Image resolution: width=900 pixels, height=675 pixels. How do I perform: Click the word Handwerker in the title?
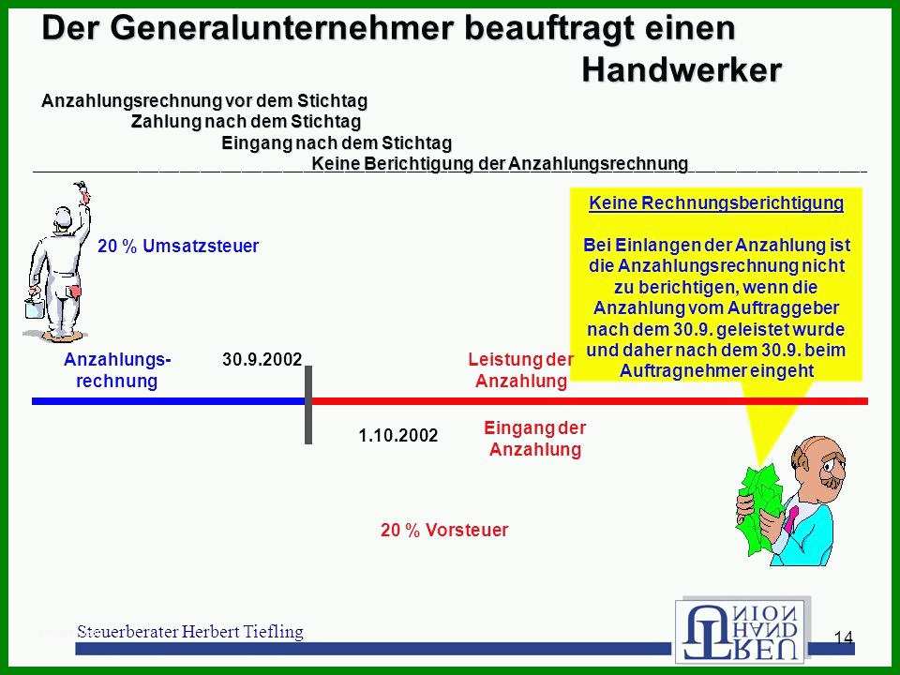682,70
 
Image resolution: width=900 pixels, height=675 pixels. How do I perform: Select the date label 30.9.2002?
262,359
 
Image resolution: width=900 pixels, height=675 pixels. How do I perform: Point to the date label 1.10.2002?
397,435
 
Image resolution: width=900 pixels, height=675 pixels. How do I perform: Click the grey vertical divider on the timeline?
308,405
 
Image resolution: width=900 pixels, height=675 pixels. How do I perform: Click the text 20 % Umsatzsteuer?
178,246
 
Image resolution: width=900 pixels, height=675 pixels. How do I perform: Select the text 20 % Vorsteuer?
444,529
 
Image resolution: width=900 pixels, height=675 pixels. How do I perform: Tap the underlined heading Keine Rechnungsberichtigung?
716,202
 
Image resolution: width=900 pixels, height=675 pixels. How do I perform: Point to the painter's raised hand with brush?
82,191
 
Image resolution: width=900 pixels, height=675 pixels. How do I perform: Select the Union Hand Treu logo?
741,630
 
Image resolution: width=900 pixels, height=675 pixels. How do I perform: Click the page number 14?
843,637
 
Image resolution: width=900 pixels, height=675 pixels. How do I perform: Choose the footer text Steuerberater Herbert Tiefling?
190,631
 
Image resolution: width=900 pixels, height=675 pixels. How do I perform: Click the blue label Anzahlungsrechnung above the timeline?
117,369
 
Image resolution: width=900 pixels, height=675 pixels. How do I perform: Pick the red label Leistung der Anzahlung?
520,369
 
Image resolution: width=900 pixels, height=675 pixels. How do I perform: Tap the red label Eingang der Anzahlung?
535,438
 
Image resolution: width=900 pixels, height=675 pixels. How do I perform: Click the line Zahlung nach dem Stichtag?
246,122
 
